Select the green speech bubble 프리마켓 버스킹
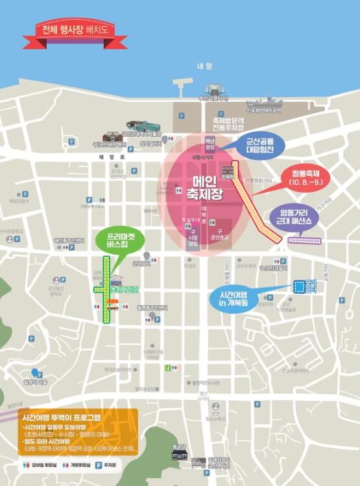pyautogui.click(x=121, y=240)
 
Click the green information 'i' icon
pyautogui.click(x=168, y=368)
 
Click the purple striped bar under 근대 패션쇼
pyautogui.click(x=304, y=240)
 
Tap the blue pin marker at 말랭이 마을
pyautogui.click(x=36, y=373)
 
